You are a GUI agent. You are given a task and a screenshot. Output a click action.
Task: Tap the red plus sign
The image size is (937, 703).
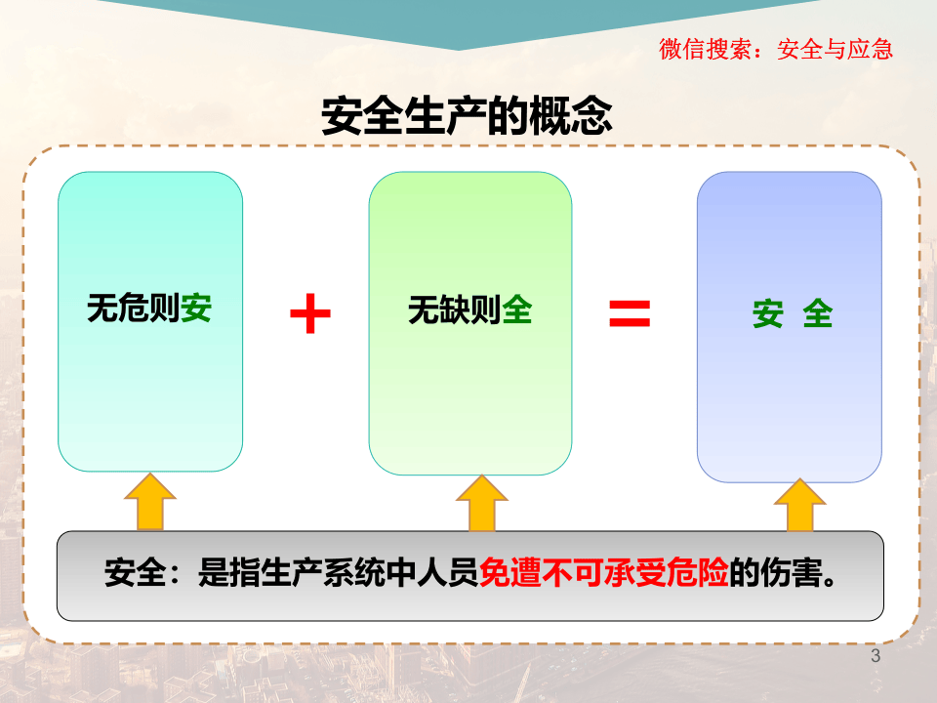point(310,312)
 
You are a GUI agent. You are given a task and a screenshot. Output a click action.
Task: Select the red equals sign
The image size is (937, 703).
point(630,312)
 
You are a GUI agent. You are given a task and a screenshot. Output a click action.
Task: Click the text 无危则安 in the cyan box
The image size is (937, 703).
point(149,310)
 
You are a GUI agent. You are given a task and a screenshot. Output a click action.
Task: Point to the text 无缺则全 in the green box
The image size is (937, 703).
point(469,310)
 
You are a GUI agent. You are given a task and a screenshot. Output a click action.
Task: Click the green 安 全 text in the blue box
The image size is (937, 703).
point(792,314)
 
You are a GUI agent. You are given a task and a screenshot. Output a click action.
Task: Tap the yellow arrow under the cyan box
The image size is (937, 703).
point(149,502)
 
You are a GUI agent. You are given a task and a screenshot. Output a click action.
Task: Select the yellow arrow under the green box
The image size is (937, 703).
point(481,504)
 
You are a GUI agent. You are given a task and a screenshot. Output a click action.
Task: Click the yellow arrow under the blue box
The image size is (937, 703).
point(799,506)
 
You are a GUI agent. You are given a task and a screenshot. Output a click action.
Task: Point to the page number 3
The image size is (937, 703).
point(875,656)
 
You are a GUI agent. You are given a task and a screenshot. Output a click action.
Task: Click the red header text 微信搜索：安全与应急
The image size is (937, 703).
point(776,50)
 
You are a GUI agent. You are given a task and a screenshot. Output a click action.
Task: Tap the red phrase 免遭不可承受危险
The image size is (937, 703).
point(604,573)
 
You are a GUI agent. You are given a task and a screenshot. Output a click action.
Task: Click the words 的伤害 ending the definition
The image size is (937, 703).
point(777,573)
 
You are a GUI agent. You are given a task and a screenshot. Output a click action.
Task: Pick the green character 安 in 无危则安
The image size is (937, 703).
point(196,310)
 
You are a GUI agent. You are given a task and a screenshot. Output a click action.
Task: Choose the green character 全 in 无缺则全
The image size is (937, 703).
point(517,310)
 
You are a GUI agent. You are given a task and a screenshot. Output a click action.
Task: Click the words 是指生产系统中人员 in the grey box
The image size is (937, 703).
point(338,573)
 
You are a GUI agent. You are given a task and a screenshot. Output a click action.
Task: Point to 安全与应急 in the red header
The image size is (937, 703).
point(835,50)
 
